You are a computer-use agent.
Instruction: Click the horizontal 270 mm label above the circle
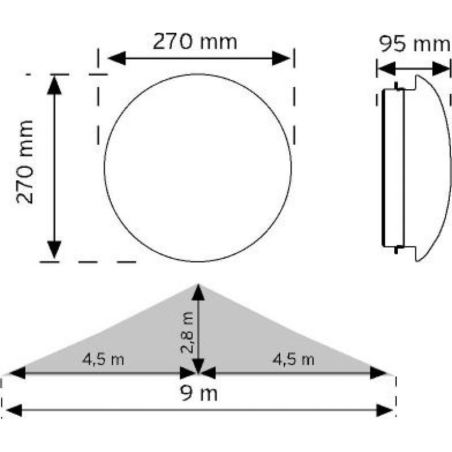click(x=195, y=42)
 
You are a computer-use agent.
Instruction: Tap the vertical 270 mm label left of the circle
click(x=25, y=162)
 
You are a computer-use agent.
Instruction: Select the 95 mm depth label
click(x=414, y=44)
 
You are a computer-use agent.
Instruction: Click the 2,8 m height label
click(x=187, y=332)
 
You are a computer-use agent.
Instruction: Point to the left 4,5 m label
click(x=103, y=360)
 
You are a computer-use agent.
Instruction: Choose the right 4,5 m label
click(x=293, y=360)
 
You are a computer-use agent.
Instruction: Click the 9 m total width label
click(x=199, y=393)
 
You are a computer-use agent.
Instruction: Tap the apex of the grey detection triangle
click(x=198, y=284)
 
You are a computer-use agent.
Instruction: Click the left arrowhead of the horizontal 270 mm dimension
click(x=117, y=58)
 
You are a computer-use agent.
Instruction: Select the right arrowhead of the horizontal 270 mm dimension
click(x=281, y=58)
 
